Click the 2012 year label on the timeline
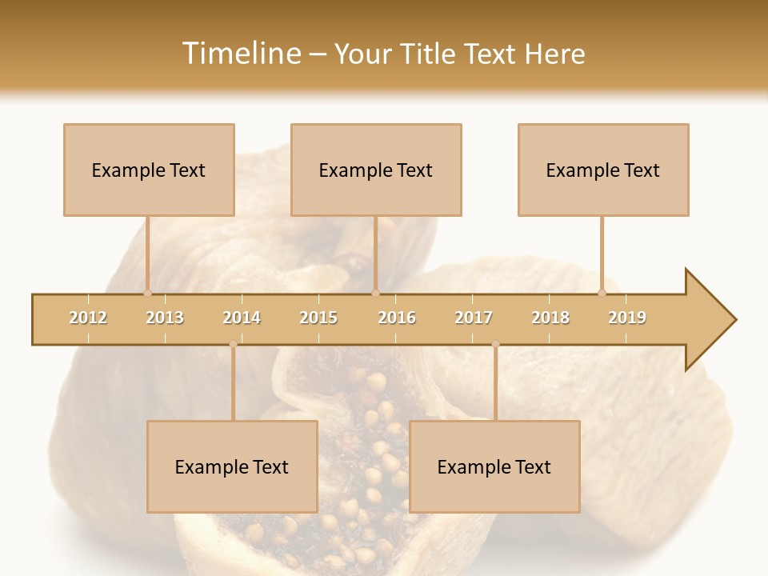click(x=88, y=318)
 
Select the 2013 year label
click(x=165, y=318)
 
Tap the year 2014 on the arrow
click(x=242, y=318)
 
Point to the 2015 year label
click(x=318, y=318)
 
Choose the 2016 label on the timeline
click(x=397, y=318)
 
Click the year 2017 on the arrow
click(x=474, y=318)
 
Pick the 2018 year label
click(x=550, y=318)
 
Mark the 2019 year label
click(x=627, y=318)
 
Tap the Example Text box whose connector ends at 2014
click(x=232, y=466)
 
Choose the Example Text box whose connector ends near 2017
click(x=494, y=466)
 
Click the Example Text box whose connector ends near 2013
click(x=149, y=170)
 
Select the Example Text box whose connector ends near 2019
click(x=603, y=170)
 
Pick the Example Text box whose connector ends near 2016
click(x=376, y=170)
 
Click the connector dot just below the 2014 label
click(x=233, y=344)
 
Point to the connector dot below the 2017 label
click(x=495, y=344)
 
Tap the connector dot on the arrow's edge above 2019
click(x=602, y=293)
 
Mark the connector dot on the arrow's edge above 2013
click(x=148, y=293)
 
